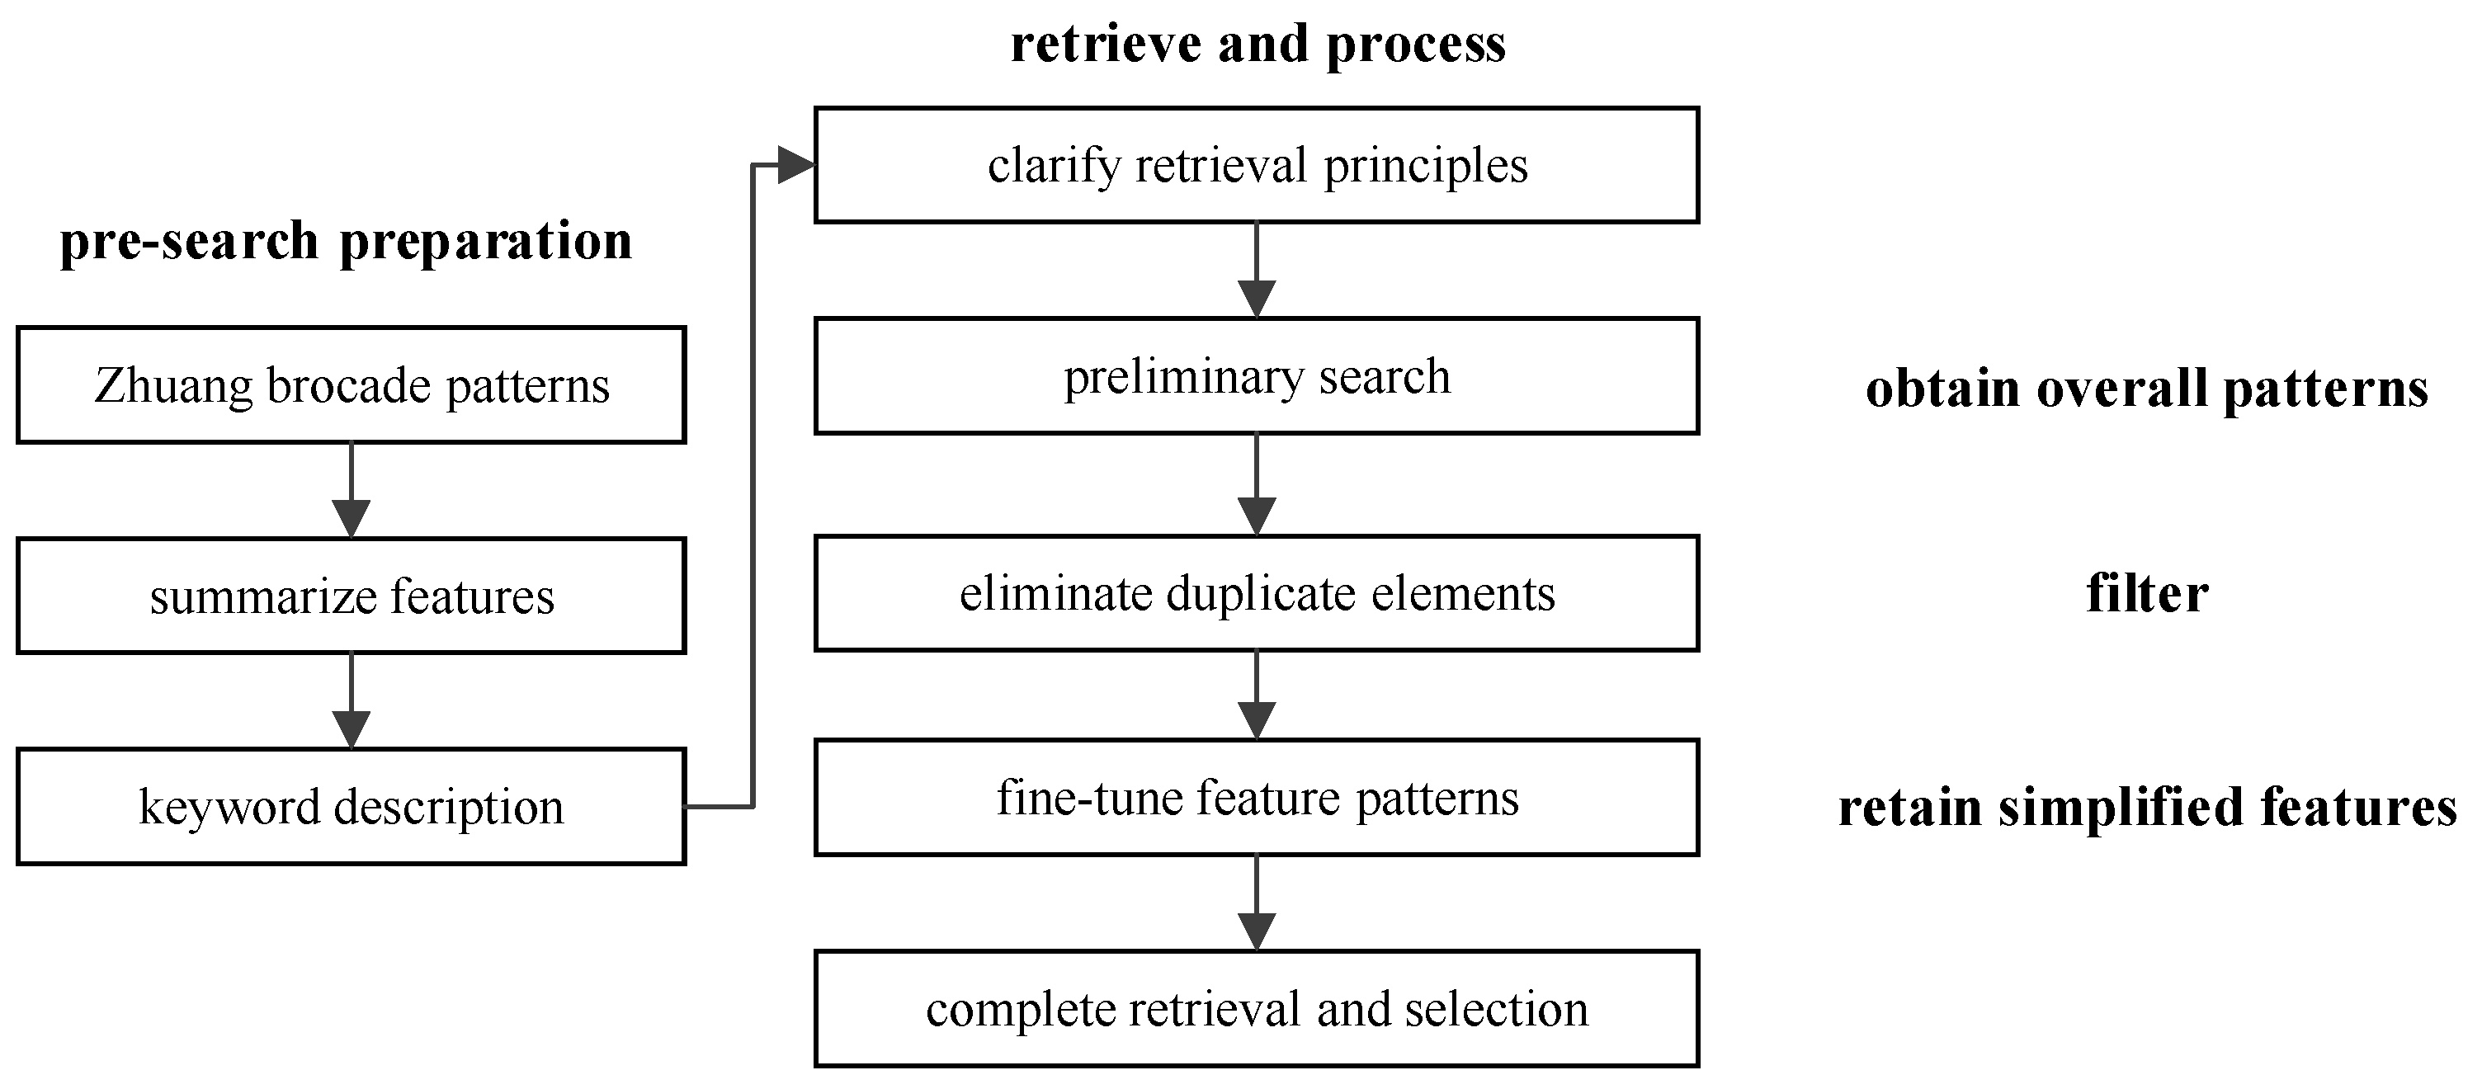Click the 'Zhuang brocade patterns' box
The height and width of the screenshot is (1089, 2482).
[351, 385]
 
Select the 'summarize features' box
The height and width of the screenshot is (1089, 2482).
[351, 596]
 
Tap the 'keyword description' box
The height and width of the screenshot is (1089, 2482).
[351, 807]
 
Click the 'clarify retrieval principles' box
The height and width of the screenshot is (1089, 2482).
[1257, 165]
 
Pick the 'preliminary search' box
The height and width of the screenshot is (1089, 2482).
[1257, 376]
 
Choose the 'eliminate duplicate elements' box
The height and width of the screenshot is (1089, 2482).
[1257, 592]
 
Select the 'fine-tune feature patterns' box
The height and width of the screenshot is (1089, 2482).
[1257, 797]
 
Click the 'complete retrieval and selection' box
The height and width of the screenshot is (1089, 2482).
[1257, 1009]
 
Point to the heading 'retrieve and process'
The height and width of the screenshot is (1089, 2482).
[1258, 45]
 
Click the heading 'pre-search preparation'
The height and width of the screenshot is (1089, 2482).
[346, 241]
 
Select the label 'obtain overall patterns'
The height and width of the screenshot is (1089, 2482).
[2147, 389]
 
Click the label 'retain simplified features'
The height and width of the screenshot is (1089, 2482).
[2148, 808]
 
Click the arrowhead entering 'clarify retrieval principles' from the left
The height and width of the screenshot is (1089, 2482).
[796, 165]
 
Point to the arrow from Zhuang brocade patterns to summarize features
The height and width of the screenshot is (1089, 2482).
[351, 491]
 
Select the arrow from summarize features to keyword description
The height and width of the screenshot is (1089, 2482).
[351, 701]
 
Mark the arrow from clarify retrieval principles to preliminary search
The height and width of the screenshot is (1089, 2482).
[1257, 271]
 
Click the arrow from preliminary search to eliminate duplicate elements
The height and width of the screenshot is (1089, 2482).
[1257, 485]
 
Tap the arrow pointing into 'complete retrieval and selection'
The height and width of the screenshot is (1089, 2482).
[1257, 904]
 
